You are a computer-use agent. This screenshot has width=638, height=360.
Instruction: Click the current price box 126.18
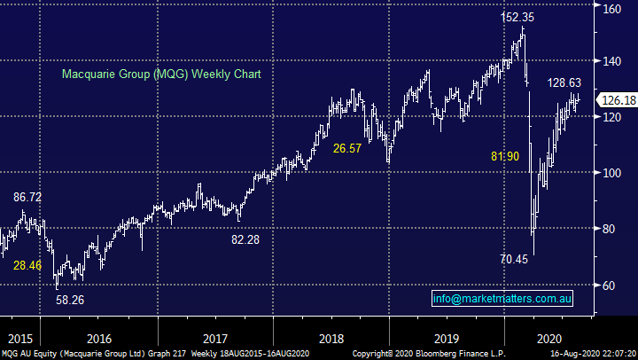click(617, 100)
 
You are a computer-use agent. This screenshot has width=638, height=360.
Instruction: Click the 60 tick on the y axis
click(611, 286)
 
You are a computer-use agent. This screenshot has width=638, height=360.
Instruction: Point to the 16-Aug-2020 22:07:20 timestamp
click(588, 353)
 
